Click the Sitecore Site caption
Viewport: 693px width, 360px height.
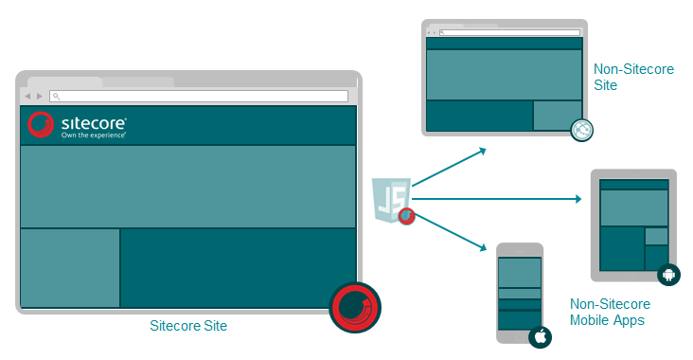pos(188,326)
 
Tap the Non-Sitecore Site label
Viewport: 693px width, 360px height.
pos(633,77)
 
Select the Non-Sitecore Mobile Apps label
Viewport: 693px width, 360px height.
pos(610,312)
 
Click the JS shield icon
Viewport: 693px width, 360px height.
pos(390,199)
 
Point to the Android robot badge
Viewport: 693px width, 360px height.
pos(668,275)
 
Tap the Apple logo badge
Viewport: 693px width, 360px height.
pos(540,337)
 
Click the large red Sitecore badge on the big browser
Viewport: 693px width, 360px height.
pos(355,307)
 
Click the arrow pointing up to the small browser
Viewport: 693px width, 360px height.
pos(450,167)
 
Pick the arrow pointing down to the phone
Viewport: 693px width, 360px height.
pos(451,232)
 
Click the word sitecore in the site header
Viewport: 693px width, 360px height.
pos(94,122)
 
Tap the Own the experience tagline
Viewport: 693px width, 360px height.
pos(94,135)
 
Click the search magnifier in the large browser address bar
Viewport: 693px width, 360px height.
pos(56,96)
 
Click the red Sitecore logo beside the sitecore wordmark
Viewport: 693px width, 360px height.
pos(40,124)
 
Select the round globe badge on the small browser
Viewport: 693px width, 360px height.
pos(581,130)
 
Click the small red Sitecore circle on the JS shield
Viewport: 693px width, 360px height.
pos(406,216)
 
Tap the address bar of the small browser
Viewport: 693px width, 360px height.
pos(509,33)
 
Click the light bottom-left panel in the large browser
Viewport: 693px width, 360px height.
pos(70,267)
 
